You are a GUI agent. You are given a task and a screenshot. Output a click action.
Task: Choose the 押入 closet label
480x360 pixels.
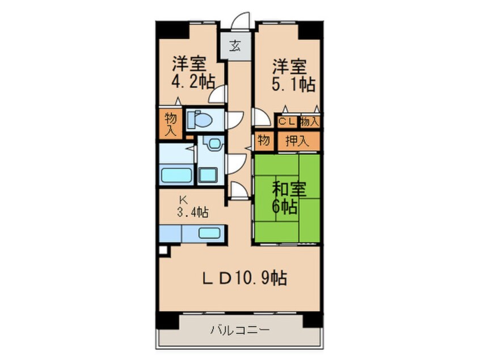297,141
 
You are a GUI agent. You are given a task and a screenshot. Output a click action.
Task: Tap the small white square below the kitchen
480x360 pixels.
163,250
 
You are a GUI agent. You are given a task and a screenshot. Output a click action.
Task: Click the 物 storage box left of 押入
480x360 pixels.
264,140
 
